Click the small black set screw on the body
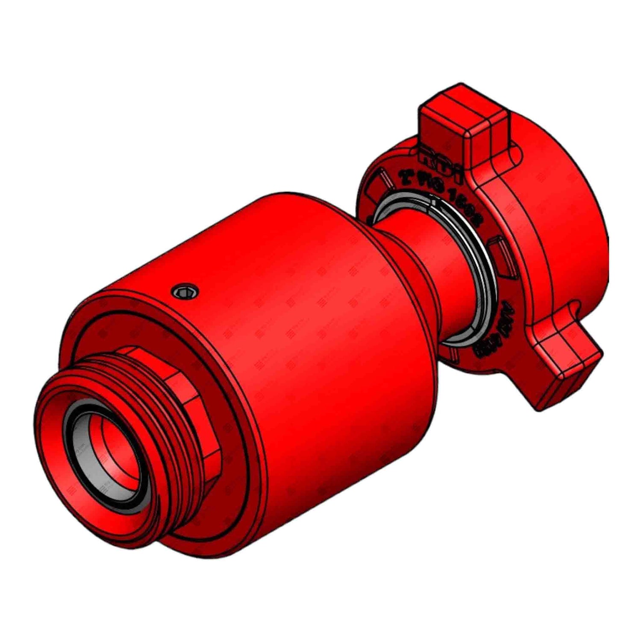185,291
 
